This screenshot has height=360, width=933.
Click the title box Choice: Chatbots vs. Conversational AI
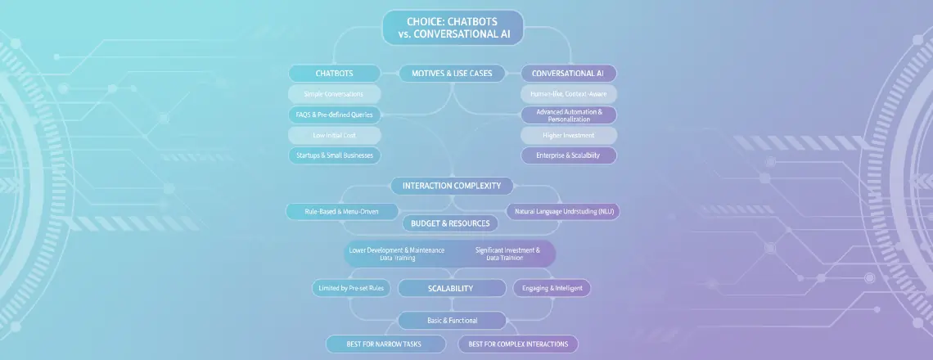[x=453, y=27]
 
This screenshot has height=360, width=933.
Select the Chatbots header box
[x=334, y=74]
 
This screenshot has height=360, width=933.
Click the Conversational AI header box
[x=568, y=74]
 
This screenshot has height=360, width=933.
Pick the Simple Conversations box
[x=334, y=94]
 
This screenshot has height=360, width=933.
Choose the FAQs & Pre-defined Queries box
[x=334, y=115]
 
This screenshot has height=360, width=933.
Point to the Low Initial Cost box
[x=334, y=135]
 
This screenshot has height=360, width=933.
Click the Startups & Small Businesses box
[x=334, y=155]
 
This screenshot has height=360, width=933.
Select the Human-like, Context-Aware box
[x=568, y=94]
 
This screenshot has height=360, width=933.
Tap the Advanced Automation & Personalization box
[x=569, y=115]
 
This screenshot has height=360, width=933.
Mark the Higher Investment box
[x=568, y=135]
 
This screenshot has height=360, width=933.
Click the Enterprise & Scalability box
[x=568, y=155]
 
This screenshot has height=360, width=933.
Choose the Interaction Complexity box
[x=452, y=186]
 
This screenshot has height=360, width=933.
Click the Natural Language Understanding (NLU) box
[x=563, y=211]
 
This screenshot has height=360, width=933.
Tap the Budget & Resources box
[x=450, y=223]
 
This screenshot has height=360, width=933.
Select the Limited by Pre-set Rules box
[x=353, y=288]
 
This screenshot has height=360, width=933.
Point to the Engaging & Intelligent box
[x=551, y=288]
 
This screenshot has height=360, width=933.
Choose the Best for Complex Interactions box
[x=518, y=344]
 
